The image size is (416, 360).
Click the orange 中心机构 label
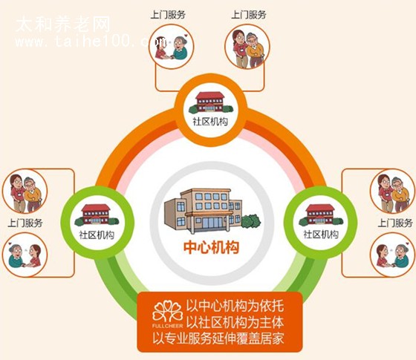click(211, 247)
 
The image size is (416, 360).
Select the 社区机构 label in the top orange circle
click(210, 122)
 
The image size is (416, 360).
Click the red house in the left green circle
click(97, 215)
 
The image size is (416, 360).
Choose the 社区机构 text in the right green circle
click(321, 235)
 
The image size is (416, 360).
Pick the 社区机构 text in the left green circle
click(97, 235)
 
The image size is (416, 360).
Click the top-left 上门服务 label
click(168, 15)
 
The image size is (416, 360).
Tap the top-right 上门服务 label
click(249, 15)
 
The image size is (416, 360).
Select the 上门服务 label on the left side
click(25, 223)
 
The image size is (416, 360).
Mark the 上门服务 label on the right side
click(395, 223)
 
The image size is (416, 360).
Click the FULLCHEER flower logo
click(168, 314)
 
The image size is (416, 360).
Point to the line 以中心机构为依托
click(235, 306)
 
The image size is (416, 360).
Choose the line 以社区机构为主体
click(235, 322)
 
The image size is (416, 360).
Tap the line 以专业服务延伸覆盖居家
click(218, 338)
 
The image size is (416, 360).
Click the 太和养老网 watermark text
click(63, 24)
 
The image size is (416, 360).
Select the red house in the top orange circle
click(210, 102)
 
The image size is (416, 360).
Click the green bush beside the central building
click(251, 222)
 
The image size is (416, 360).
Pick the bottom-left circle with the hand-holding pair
click(25, 255)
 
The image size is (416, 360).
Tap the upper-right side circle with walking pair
click(393, 191)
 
